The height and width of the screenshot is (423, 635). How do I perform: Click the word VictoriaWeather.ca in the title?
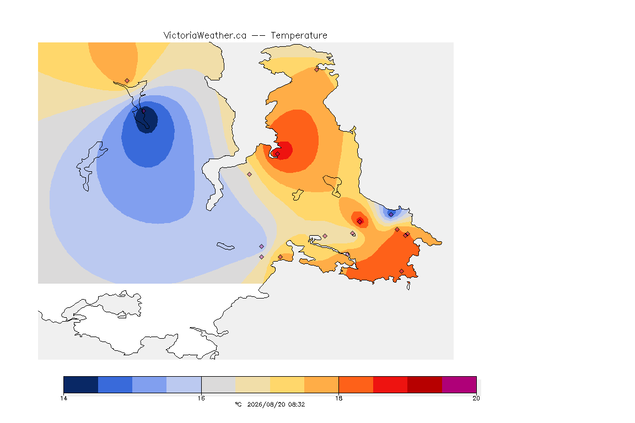click(205, 36)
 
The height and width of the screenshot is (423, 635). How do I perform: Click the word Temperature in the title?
click(299, 36)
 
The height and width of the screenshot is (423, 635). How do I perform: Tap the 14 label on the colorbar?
click(63, 398)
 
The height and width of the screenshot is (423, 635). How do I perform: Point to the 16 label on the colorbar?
click(201, 398)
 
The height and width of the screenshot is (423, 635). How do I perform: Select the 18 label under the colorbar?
click(338, 398)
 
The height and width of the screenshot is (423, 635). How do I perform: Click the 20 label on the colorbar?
click(476, 398)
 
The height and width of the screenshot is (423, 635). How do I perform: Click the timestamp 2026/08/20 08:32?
click(276, 404)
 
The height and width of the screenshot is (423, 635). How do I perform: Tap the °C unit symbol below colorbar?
click(239, 404)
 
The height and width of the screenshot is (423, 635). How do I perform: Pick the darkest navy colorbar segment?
click(81, 384)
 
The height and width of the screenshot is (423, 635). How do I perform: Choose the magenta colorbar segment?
click(459, 384)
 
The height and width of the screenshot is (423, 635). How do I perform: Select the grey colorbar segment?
click(219, 384)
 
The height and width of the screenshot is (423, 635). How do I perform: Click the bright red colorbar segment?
click(390, 384)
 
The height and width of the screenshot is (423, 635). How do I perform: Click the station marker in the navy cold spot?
click(143, 111)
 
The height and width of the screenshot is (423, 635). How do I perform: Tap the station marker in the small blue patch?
click(391, 214)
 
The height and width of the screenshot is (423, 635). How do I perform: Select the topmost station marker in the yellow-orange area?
click(317, 69)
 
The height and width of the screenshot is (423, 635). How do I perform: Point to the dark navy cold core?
click(146, 120)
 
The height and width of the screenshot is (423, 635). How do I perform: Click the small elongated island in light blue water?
click(225, 246)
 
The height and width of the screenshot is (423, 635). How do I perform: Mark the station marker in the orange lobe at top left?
click(127, 81)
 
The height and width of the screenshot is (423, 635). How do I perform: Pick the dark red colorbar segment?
click(425, 384)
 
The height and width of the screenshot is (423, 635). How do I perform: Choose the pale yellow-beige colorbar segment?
click(253, 384)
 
